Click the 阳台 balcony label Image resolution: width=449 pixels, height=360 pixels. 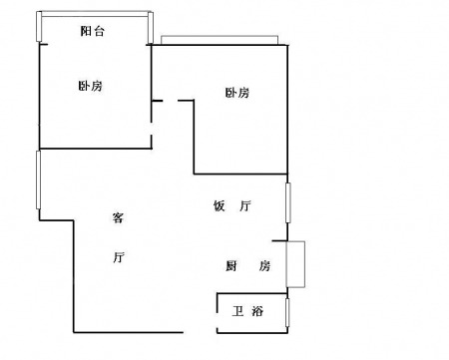(x=93, y=31)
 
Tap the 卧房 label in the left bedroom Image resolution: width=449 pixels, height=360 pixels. (x=90, y=86)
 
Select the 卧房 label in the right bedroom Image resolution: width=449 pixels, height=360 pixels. (x=237, y=93)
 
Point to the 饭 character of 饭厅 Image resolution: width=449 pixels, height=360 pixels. (x=220, y=206)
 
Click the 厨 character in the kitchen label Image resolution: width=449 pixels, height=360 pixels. (x=231, y=266)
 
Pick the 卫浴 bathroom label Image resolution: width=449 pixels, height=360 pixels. (x=247, y=311)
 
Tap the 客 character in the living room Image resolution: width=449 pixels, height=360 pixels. (x=118, y=217)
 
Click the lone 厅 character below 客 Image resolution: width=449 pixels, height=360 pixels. (x=119, y=257)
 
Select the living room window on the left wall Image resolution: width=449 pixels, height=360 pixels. (x=38, y=180)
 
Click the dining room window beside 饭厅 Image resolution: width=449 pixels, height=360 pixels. (x=288, y=202)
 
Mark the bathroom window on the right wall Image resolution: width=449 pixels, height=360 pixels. (x=287, y=312)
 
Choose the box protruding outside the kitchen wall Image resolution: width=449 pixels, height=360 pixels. (x=295, y=264)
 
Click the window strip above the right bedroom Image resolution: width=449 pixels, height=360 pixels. (x=220, y=40)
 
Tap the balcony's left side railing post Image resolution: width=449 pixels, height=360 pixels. (x=39, y=26)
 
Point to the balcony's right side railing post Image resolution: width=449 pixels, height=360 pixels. (x=151, y=27)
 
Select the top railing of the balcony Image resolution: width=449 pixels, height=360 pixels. (x=95, y=13)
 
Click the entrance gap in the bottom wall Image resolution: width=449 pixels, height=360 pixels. (x=200, y=332)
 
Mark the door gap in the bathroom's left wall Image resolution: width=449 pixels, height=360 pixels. (x=218, y=320)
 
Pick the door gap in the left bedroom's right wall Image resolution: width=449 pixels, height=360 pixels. (x=152, y=129)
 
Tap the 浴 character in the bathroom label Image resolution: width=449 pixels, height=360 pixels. (x=257, y=311)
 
